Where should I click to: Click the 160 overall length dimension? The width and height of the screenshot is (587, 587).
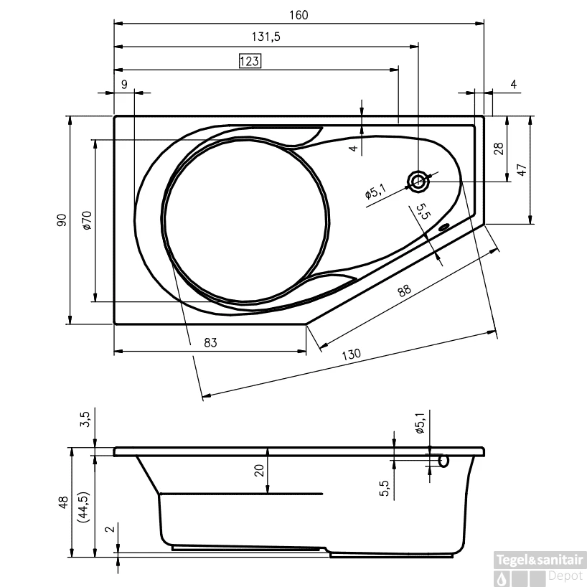point(299,15)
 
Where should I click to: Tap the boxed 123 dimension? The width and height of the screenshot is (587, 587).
point(249,61)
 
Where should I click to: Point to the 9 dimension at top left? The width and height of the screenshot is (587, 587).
point(124,85)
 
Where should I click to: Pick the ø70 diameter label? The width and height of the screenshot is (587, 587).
point(86,220)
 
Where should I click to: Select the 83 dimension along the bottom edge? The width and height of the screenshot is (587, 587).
point(210,343)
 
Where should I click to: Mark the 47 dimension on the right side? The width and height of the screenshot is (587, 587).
point(522,170)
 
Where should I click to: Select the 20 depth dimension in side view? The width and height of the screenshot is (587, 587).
point(260,470)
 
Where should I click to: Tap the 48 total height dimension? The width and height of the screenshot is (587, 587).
point(63,502)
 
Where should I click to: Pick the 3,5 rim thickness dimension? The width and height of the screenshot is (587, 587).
point(85,419)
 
